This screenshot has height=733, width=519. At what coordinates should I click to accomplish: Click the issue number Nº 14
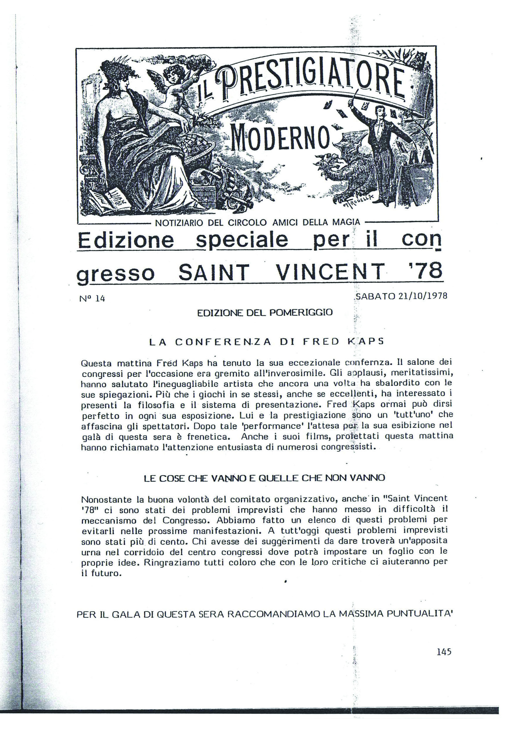(92, 298)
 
